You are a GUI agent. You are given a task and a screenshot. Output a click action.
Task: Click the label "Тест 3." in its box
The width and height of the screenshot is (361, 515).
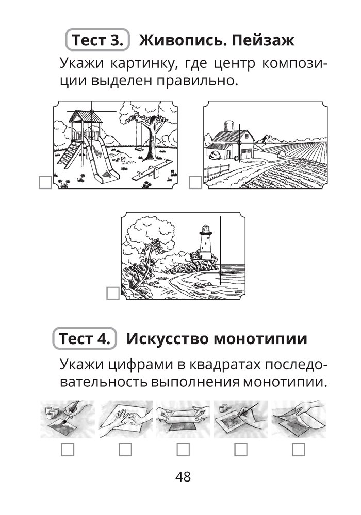tap(97, 40)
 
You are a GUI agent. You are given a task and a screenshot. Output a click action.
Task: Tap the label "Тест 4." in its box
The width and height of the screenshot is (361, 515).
tap(85, 338)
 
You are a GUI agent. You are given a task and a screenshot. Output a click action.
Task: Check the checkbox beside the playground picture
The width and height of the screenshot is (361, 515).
tap(45, 183)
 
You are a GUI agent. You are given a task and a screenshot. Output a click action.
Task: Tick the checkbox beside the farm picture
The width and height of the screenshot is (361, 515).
tap(195, 182)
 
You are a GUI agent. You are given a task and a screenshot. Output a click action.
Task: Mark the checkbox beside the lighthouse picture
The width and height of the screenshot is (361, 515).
tap(113, 293)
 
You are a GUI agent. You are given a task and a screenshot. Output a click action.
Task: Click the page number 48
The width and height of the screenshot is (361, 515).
tap(183, 476)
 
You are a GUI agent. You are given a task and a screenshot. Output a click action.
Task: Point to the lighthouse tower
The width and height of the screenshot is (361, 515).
tap(206, 243)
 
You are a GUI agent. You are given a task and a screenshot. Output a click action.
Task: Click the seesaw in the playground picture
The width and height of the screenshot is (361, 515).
tap(152, 170)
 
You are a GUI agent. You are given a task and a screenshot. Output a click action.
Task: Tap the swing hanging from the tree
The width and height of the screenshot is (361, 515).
tap(139, 134)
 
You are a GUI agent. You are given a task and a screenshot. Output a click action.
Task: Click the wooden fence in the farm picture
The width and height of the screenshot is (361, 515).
tap(216, 171)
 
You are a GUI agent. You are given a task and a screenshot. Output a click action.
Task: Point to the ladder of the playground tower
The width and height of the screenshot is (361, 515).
tap(70, 154)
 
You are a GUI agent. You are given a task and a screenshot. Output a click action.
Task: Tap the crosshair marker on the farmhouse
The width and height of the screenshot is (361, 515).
tap(239, 143)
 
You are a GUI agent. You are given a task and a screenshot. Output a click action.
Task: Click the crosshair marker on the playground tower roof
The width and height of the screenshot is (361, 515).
tap(92, 112)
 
